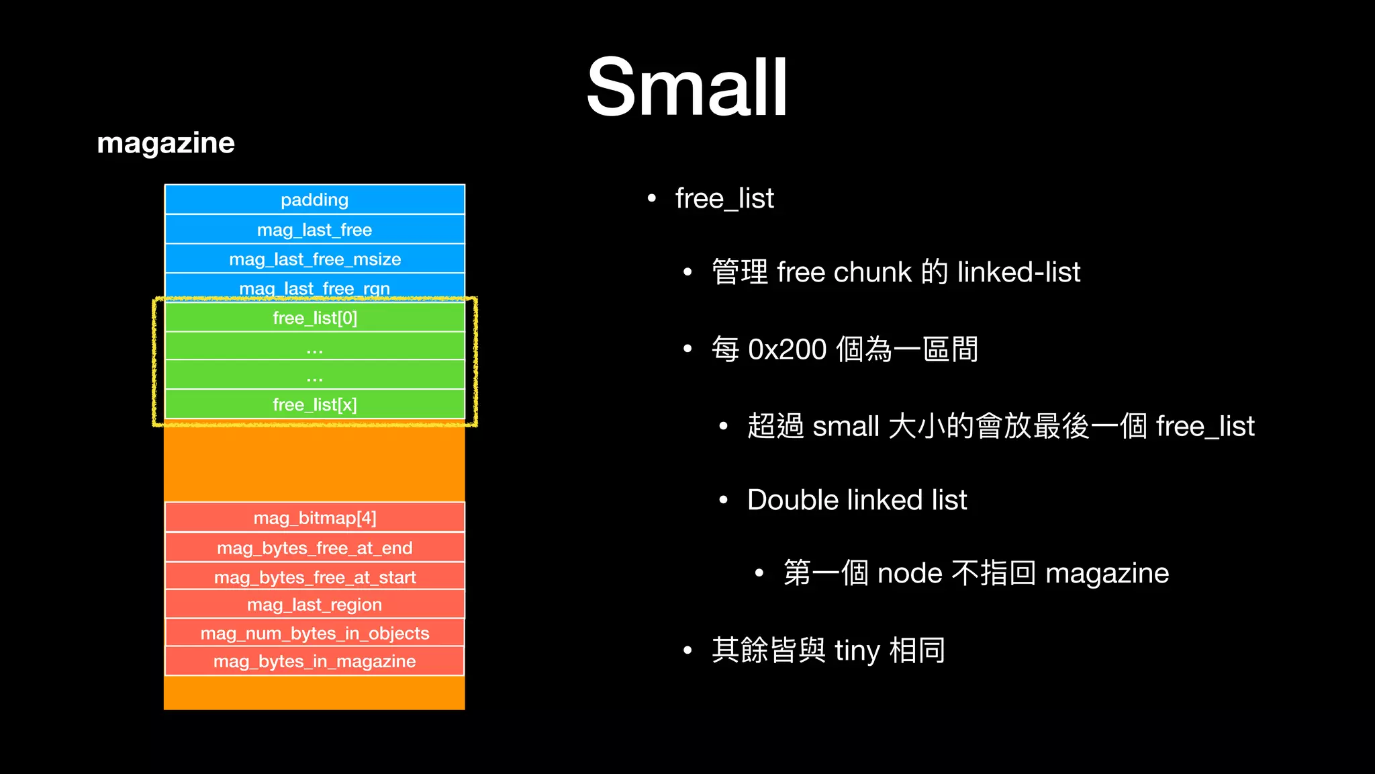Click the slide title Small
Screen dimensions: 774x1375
pos(687,87)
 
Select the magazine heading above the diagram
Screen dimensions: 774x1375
pos(166,143)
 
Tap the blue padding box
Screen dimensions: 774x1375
pos(314,200)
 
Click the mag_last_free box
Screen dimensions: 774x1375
pos(314,230)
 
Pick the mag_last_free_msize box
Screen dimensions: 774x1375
pos(314,259)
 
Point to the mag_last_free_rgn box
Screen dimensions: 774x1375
pos(314,287)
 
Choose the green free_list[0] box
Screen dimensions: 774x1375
pos(314,318)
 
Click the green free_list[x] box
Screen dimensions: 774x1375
pos(314,404)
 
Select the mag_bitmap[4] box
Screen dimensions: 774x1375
pos(314,518)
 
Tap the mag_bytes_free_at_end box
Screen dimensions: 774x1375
pos(314,548)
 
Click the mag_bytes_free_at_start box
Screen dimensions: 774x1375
pos(314,577)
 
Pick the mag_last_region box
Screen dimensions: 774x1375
pos(314,605)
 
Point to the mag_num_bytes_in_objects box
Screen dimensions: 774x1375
pos(314,633)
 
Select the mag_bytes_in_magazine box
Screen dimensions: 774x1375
pos(314,661)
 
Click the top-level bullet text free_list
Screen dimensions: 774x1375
pos(724,199)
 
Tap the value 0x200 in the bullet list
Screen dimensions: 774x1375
pos(787,350)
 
